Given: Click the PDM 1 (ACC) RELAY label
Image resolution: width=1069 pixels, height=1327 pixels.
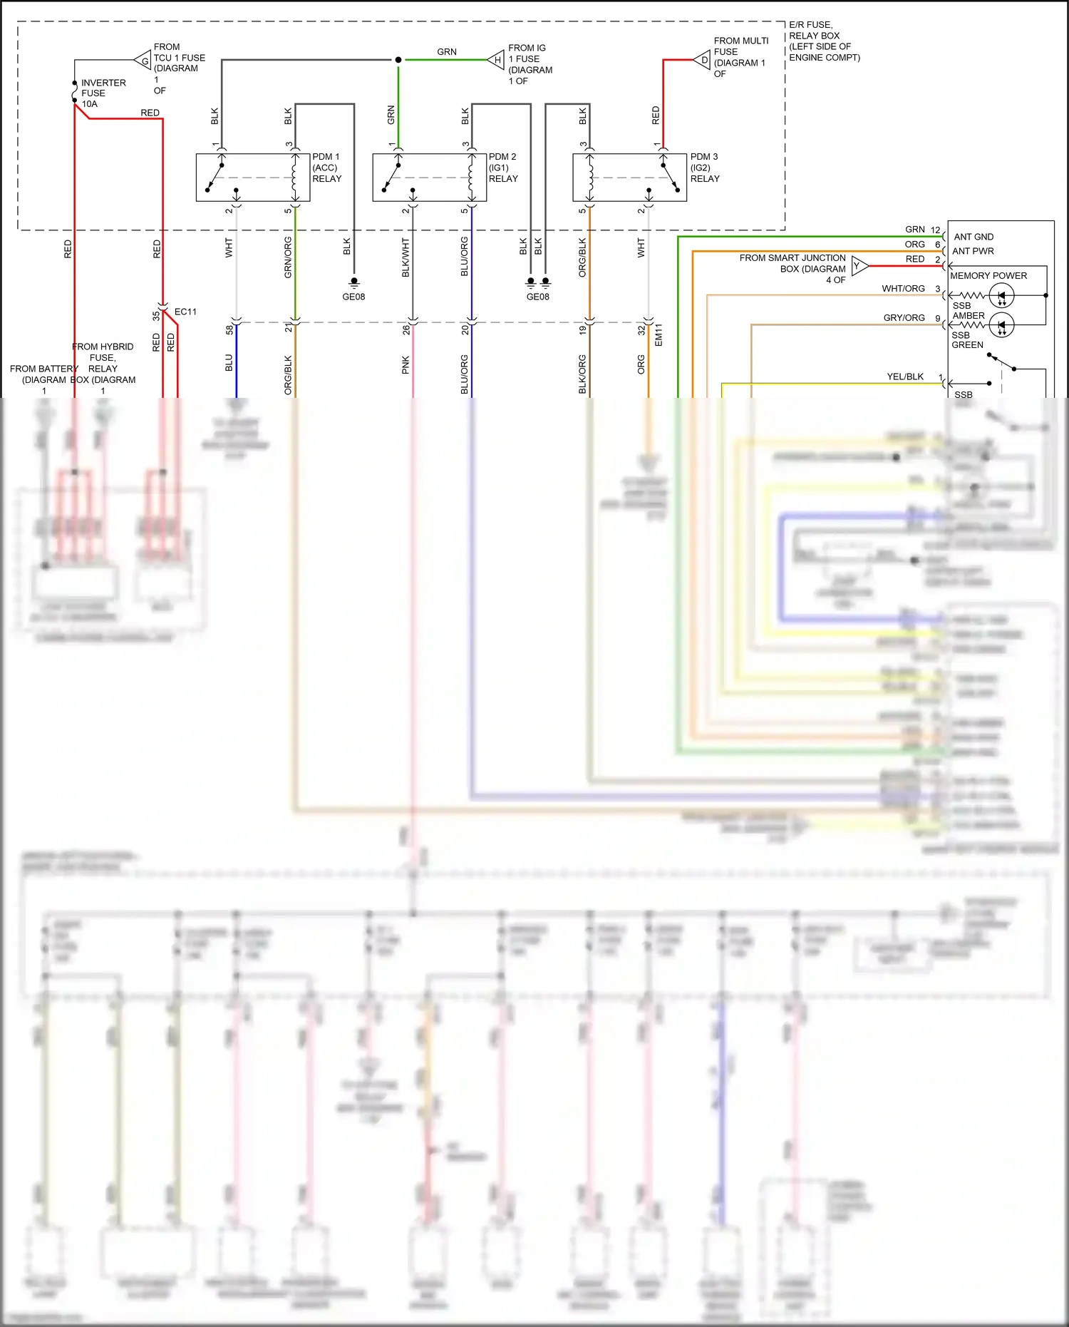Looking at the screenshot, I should pos(326,168).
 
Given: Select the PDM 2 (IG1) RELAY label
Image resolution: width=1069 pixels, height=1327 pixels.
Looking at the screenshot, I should pos(503,168).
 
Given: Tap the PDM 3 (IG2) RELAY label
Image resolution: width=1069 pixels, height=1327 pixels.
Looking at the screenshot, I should pos(704,168).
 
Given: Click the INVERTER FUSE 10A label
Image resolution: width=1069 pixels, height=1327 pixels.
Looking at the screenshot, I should pos(103,93).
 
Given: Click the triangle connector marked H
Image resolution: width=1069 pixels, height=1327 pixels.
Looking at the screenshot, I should pos(497,60).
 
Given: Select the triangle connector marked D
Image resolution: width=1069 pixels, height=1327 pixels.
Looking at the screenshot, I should pos(703,60).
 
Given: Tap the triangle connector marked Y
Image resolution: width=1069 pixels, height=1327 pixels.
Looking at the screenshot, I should pos(859,266).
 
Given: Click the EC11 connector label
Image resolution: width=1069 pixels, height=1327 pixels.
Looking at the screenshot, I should pos(185,312).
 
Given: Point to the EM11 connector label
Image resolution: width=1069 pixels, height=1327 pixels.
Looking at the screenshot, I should pos(659,335).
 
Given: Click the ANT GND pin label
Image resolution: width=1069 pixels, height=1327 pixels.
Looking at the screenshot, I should pos(974,237).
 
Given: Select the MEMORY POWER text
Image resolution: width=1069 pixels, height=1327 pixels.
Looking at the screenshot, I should pos(988,276).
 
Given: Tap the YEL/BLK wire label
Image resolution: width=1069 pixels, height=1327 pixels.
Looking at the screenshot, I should pos(905,376).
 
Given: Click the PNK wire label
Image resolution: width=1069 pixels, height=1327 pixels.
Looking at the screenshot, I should pos(406,365).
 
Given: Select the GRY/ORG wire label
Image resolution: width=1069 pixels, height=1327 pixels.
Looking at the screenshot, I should pos(904,318).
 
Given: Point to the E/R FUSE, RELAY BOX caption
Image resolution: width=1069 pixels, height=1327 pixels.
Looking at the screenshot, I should pos(824,41).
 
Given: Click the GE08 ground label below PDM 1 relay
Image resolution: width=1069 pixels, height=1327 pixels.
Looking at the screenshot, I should pos(353,297).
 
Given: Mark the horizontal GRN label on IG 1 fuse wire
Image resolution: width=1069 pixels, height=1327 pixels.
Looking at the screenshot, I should pos(447,52).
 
